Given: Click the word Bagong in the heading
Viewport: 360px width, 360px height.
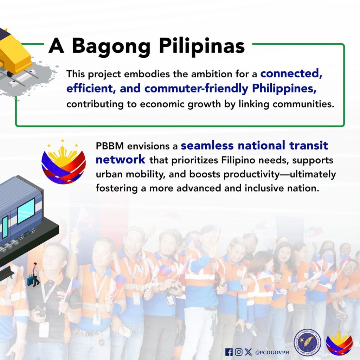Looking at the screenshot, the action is point(111,47).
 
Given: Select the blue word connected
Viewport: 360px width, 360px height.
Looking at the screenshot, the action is point(291,73).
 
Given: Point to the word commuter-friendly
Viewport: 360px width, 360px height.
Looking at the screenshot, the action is point(196,88).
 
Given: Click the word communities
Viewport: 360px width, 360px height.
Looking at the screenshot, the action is point(303,104).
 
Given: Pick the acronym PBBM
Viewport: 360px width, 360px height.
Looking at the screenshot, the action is point(110,146).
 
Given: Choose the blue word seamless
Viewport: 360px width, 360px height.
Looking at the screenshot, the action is point(207,146).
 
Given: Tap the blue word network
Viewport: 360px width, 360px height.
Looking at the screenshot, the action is point(120,159).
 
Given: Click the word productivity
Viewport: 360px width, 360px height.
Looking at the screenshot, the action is point(251,174).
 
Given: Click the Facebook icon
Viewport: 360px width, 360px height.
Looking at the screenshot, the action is point(229,352).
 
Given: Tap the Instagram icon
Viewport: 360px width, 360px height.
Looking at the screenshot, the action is point(239,352).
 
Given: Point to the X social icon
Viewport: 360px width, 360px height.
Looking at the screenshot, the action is point(248,352).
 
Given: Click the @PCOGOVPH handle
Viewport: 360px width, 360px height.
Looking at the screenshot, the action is point(272,352).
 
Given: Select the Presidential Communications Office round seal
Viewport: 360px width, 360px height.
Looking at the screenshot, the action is point(307,342).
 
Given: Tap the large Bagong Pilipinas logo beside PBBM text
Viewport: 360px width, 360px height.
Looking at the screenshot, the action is point(64,162).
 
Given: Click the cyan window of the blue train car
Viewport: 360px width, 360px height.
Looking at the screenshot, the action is point(26,211).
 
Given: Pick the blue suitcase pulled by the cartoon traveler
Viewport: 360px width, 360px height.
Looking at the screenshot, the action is point(30,280).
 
